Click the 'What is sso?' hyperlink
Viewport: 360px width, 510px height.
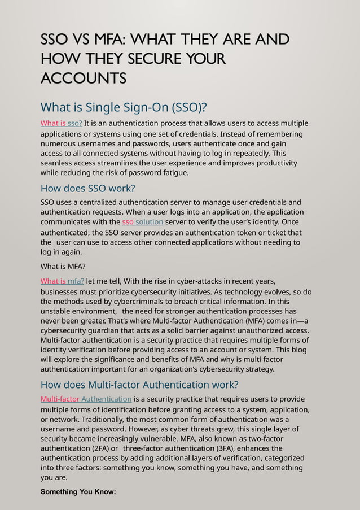coord(62,124)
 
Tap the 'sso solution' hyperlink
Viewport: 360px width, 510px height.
coord(143,222)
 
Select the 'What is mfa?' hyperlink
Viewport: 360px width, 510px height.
coord(63,281)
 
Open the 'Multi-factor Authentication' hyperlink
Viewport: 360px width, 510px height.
coord(86,399)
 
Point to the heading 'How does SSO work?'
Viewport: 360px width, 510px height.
coord(88,189)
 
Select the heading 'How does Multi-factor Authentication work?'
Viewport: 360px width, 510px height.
coord(139,385)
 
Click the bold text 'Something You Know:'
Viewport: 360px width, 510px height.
coord(78,492)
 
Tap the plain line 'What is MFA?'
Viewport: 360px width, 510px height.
coord(63,267)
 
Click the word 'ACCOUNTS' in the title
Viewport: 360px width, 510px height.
coord(84,78)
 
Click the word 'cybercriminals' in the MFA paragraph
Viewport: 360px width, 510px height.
coord(112,302)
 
